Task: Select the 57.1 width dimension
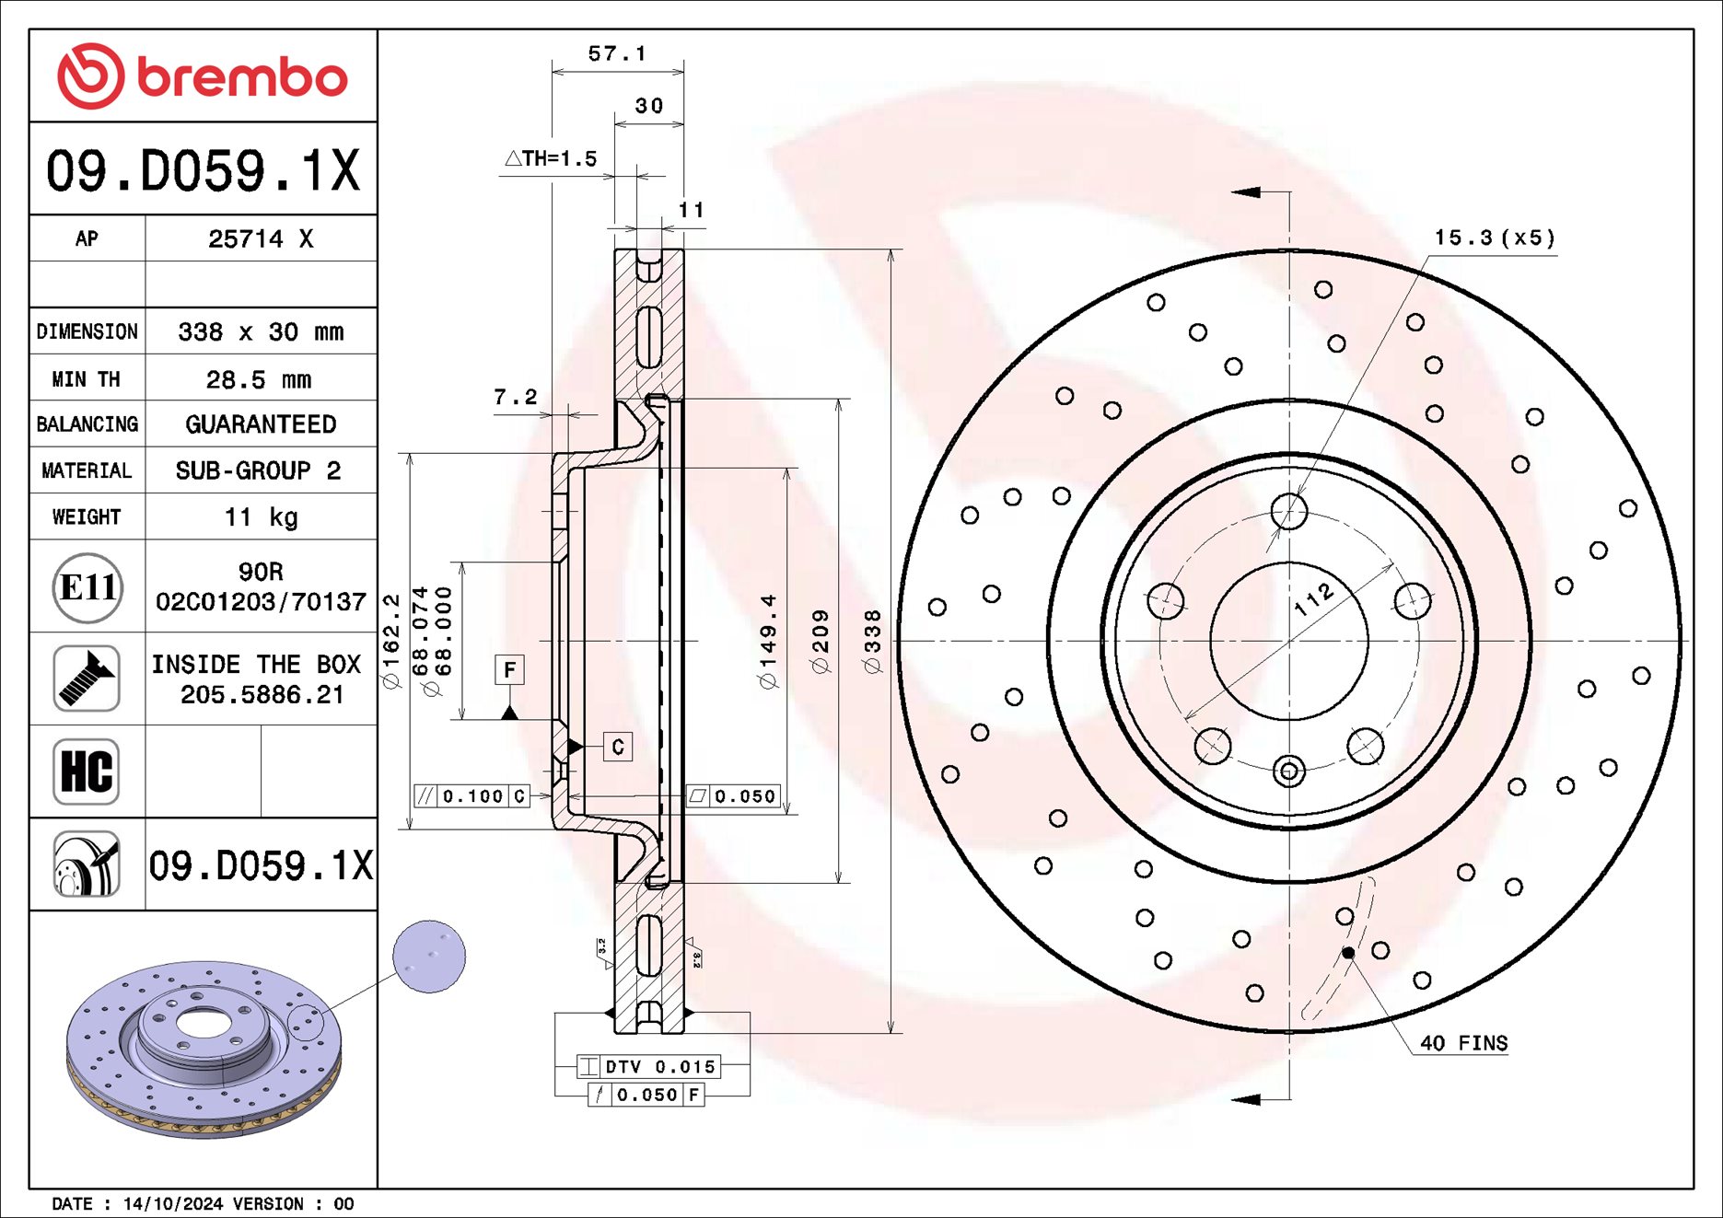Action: click(x=617, y=54)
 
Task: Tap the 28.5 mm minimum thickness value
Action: click(x=259, y=379)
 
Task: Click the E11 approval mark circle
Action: click(x=87, y=587)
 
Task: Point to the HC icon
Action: click(x=87, y=771)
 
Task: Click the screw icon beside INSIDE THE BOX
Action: click(x=87, y=679)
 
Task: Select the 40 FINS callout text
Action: click(x=1463, y=1043)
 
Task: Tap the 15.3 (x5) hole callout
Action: click(x=1494, y=238)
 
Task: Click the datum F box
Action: click(x=509, y=669)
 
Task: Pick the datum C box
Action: click(x=618, y=747)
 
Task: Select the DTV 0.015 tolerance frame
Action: click(x=649, y=1067)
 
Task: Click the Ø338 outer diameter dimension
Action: click(x=873, y=641)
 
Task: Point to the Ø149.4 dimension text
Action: click(x=768, y=641)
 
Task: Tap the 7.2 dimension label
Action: click(x=515, y=397)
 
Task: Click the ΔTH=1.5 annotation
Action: click(x=551, y=159)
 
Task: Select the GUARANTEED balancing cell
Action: click(x=261, y=424)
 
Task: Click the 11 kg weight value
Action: click(x=261, y=517)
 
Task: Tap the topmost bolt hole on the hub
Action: click(x=1288, y=510)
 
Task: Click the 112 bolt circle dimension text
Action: click(x=1314, y=599)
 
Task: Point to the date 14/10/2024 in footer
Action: click(x=173, y=1204)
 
